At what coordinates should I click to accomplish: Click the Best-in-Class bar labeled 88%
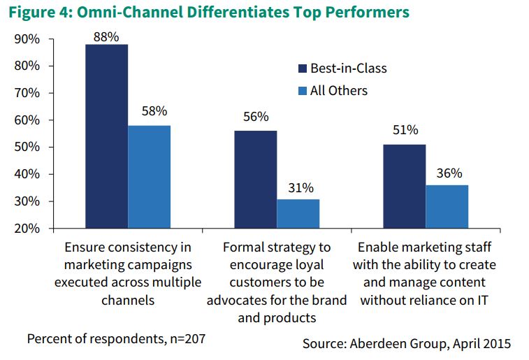106,136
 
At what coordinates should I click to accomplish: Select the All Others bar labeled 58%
149,177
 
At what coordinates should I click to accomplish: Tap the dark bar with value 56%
256,180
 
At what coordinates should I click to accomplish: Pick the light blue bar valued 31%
298,214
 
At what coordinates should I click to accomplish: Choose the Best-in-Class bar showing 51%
405,187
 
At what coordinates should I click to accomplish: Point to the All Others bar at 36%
447,207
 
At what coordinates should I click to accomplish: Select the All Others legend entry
333,91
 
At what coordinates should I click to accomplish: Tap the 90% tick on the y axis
25,39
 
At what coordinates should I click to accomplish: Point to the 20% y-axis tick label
25,229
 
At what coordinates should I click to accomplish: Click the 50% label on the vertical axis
25,147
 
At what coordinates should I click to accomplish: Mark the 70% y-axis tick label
25,93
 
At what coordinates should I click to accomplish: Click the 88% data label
106,35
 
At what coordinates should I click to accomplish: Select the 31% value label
298,189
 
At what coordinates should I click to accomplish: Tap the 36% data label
448,174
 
